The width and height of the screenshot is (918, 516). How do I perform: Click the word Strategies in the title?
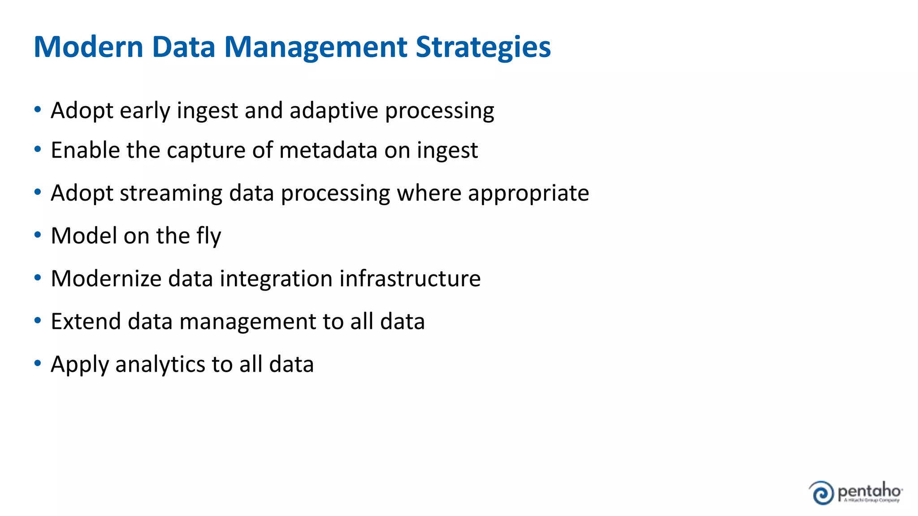[483, 47]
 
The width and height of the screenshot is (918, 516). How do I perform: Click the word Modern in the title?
[88, 47]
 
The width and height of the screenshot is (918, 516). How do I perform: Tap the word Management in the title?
[316, 47]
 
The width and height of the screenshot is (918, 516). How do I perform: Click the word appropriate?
[528, 193]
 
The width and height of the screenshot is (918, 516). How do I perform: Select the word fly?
[209, 236]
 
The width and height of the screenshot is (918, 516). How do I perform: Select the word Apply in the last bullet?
[80, 365]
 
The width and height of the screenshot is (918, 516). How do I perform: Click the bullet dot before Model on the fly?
[38, 235]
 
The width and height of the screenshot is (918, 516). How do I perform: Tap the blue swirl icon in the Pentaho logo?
[821, 493]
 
